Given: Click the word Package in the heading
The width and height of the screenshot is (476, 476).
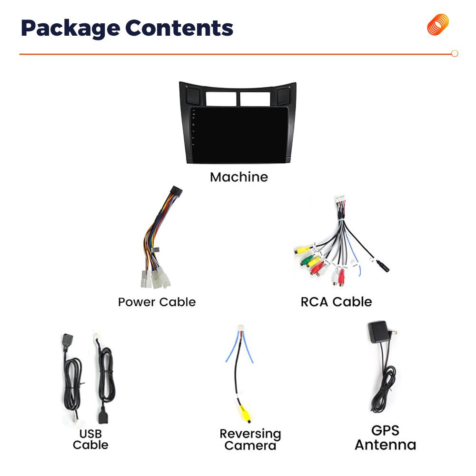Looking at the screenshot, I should pyautogui.click(x=69, y=29).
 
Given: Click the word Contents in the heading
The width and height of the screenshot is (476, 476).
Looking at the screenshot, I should pyautogui.click(x=179, y=28).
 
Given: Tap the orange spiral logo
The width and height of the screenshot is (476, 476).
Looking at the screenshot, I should pyautogui.click(x=437, y=25).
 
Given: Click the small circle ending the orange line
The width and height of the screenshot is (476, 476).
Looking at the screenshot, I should pyautogui.click(x=455, y=54).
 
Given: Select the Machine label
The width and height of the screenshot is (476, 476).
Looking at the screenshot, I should pyautogui.click(x=238, y=177).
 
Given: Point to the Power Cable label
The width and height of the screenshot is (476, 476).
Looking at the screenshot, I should pyautogui.click(x=157, y=302).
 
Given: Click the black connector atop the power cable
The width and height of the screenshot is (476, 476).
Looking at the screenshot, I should pyautogui.click(x=176, y=191).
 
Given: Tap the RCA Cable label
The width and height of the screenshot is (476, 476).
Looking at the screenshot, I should pyautogui.click(x=336, y=302).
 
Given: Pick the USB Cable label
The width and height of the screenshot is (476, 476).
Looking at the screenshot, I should pyautogui.click(x=90, y=439).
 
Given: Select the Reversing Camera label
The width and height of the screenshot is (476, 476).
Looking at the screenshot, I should pyautogui.click(x=250, y=439).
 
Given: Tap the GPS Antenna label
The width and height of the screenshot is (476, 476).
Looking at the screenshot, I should pyautogui.click(x=385, y=438).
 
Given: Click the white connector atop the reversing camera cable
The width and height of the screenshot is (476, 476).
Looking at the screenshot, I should pyautogui.click(x=240, y=328).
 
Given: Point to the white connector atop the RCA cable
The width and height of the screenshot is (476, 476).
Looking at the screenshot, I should pyautogui.click(x=339, y=198).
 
